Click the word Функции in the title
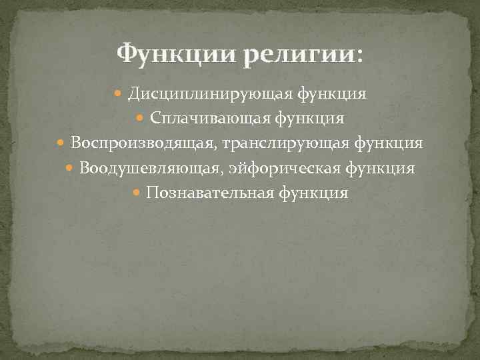coord(175,53)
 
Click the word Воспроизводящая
coord(144,143)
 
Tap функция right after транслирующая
coord(388,143)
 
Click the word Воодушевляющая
coord(148,169)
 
